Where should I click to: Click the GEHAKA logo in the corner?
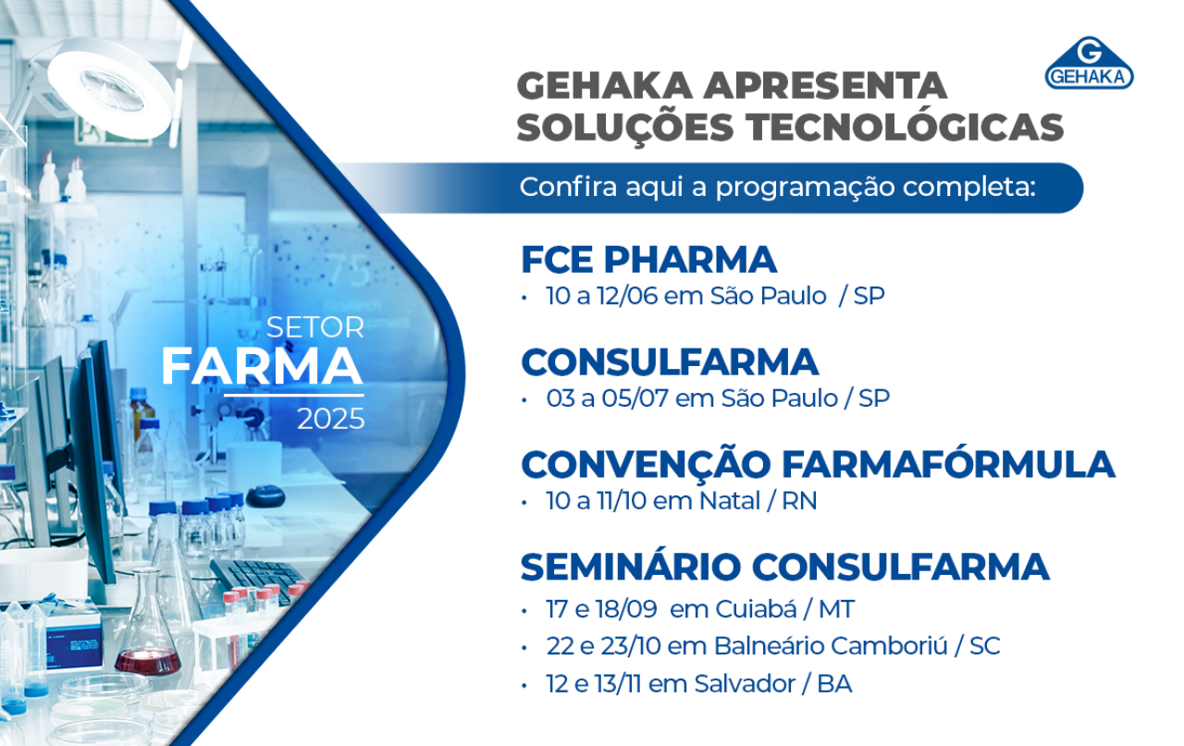[x=1089, y=63]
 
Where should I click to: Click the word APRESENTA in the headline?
[x=825, y=86]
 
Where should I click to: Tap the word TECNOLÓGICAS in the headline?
[x=905, y=128]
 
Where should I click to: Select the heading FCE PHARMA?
[x=648, y=260]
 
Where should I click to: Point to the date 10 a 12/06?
[x=601, y=296]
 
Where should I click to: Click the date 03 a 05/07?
[x=608, y=398]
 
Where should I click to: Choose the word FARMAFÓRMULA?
[x=948, y=464]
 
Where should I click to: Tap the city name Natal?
[x=730, y=501]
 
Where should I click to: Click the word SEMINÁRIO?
[x=630, y=566]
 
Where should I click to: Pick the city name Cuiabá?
[x=756, y=609]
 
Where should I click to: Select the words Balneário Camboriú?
[x=831, y=645]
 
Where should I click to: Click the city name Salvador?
[x=745, y=684]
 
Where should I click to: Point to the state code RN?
[x=799, y=501]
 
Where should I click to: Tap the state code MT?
[x=836, y=610]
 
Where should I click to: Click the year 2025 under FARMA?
[x=331, y=419]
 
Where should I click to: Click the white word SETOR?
[x=315, y=327]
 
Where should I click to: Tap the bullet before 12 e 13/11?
[x=524, y=686]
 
